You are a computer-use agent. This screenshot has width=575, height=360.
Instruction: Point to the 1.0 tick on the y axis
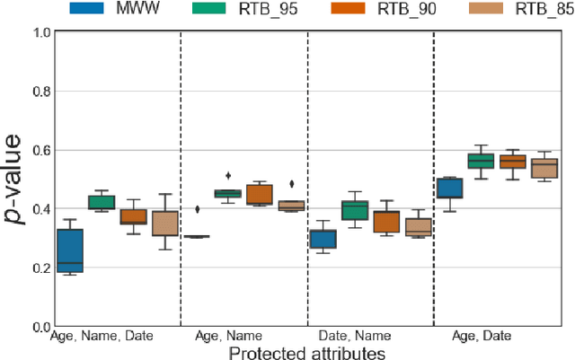[x=42, y=33]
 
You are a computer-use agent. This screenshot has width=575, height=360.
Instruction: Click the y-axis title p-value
[x=16, y=180]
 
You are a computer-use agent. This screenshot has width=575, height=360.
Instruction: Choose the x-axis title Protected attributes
[x=307, y=353]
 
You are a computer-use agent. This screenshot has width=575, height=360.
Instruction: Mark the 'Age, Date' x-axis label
[x=482, y=336]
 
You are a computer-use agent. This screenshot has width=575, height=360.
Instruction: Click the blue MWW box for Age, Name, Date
[x=70, y=250]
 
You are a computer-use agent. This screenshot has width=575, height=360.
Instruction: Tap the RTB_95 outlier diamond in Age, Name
[x=227, y=176]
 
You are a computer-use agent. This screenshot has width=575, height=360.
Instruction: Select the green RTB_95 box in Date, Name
[x=355, y=211]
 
